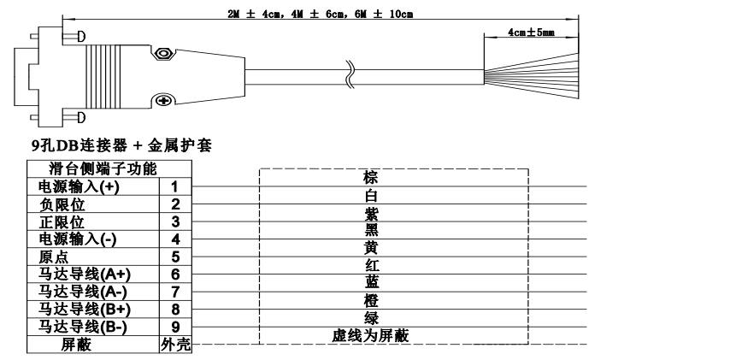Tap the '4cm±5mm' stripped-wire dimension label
(531, 32)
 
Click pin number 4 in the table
(174, 239)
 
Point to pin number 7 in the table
(174, 292)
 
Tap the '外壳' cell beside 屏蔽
(174, 345)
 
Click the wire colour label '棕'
(370, 178)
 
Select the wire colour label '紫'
(370, 213)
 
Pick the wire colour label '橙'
(370, 301)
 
